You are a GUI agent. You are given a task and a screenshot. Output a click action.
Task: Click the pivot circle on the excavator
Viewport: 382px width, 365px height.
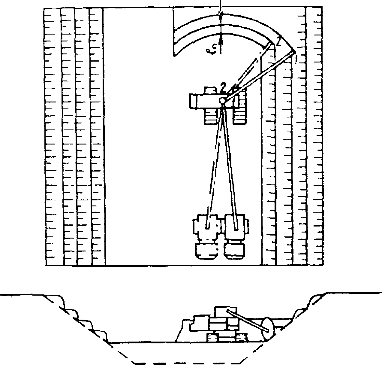223,100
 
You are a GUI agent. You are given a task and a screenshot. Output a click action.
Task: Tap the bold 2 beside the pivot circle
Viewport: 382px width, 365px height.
222,88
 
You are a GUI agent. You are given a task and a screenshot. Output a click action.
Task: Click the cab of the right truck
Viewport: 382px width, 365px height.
234,251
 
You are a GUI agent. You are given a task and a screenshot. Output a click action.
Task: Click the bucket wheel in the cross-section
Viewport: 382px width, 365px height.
267,329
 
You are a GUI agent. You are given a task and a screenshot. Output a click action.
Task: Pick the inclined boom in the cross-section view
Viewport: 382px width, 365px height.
245,320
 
